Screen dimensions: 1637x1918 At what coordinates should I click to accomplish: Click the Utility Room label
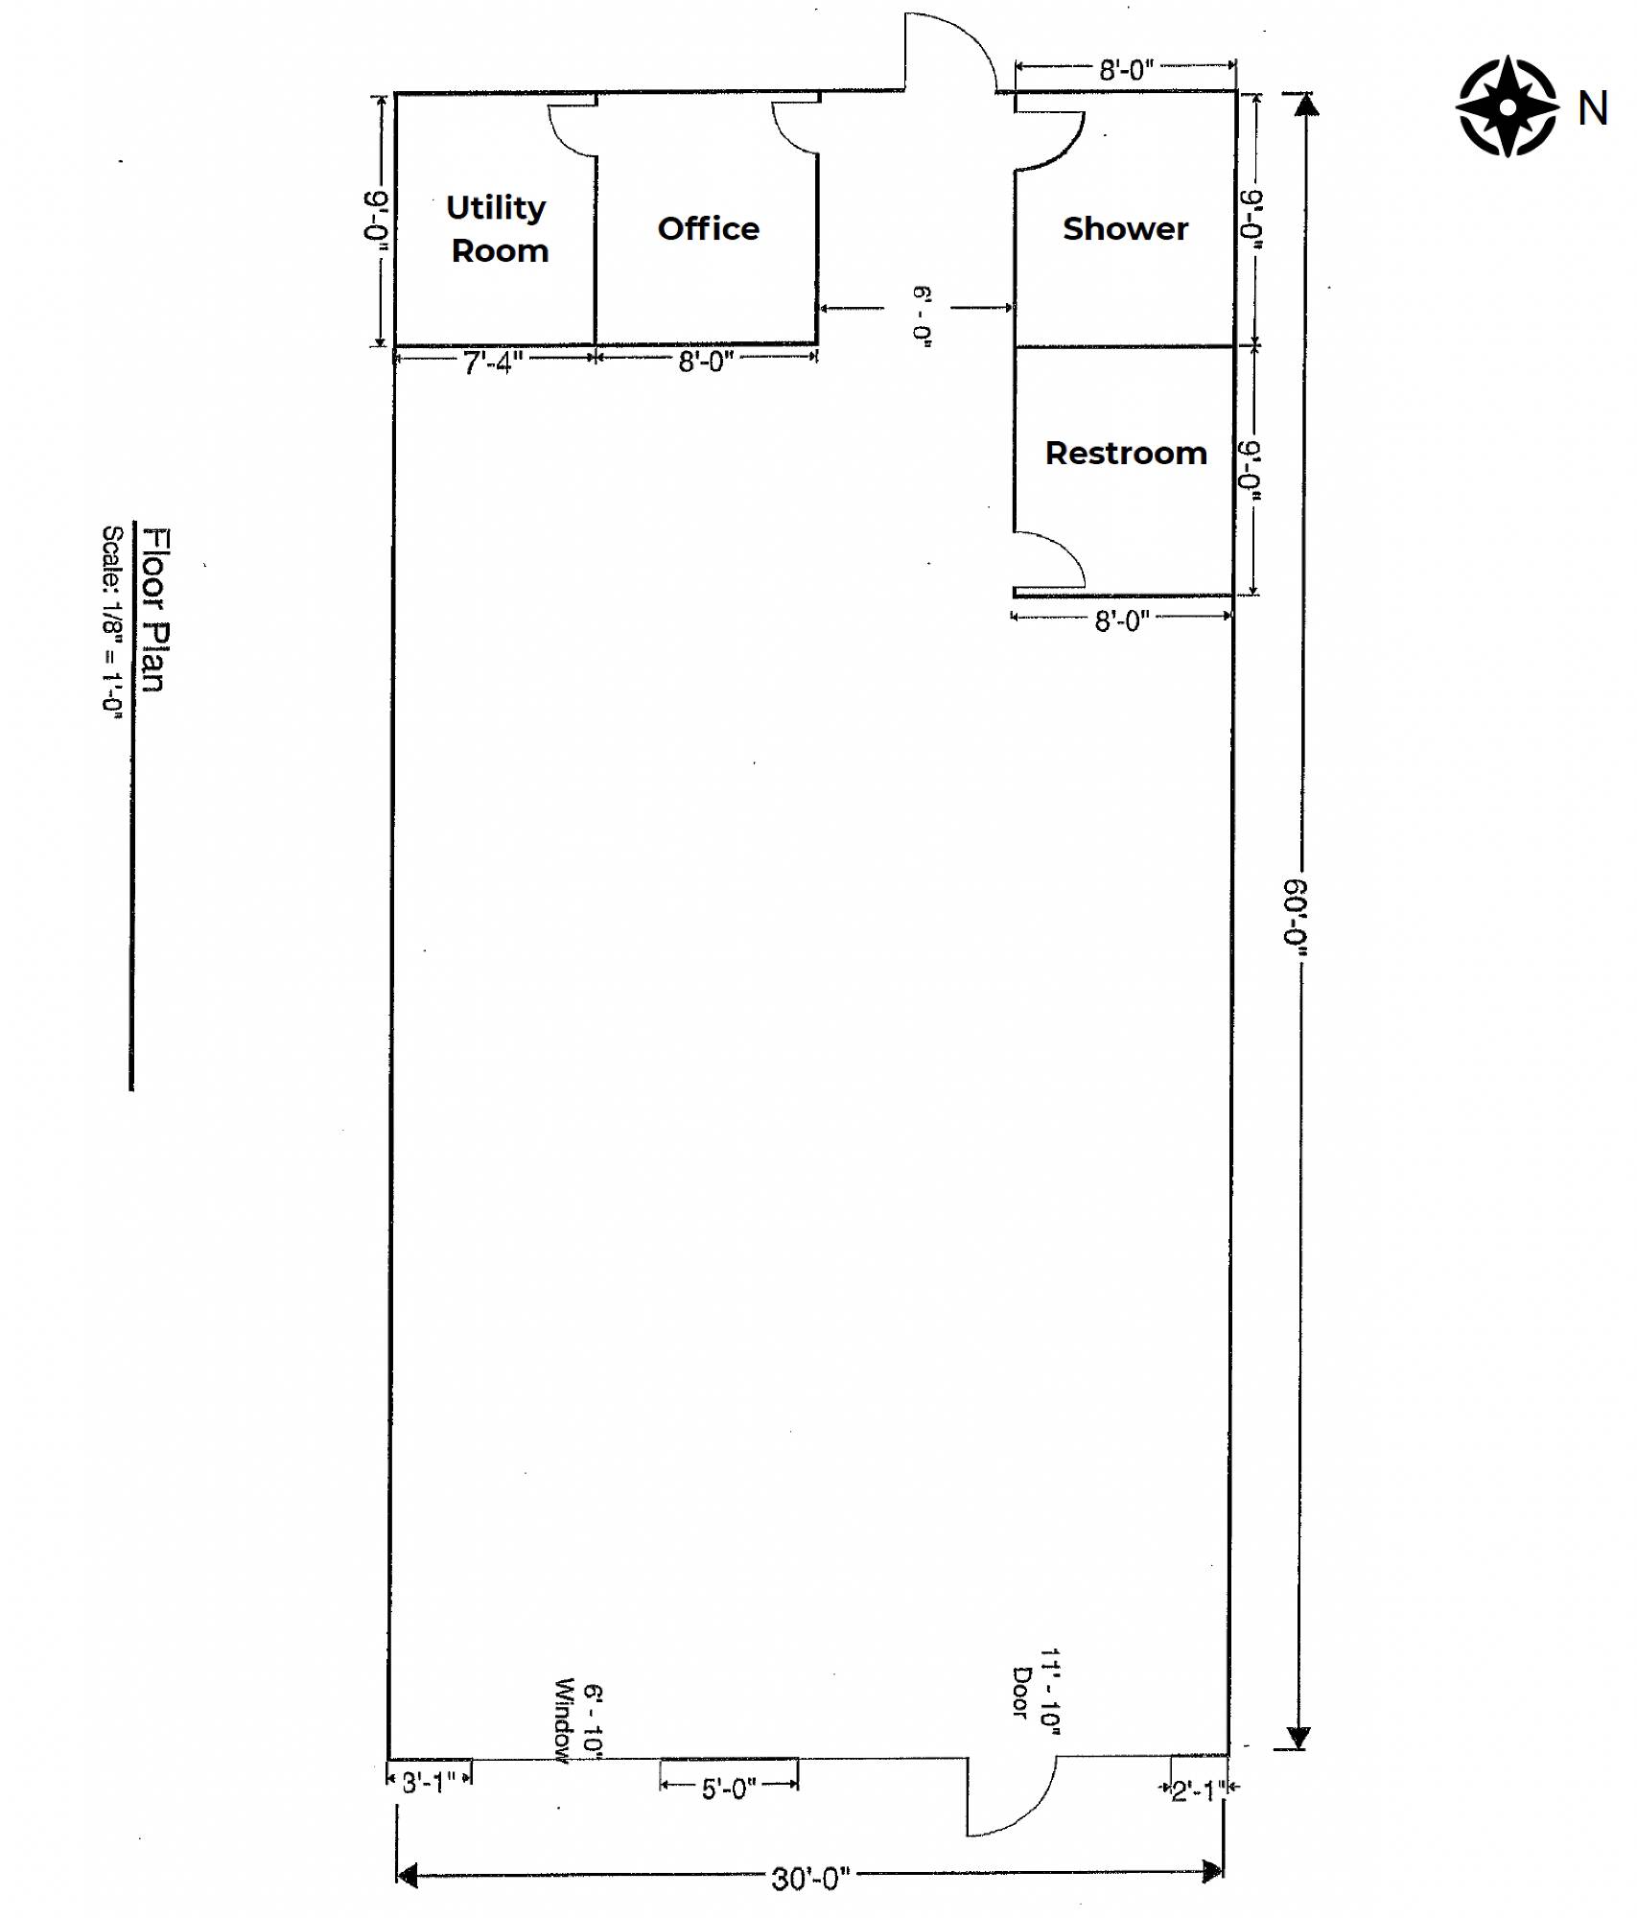(x=498, y=228)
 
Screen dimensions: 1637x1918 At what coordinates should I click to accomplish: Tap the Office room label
(x=709, y=228)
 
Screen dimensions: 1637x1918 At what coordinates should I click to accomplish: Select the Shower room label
(x=1125, y=228)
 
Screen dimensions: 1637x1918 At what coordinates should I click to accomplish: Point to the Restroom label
(x=1126, y=453)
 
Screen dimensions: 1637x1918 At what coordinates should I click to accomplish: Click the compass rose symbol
(x=1508, y=106)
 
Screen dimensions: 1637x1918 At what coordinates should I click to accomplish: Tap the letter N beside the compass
(x=1593, y=108)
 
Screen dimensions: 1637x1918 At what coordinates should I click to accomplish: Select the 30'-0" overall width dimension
(x=810, y=1879)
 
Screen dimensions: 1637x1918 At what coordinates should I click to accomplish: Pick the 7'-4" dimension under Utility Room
(x=493, y=363)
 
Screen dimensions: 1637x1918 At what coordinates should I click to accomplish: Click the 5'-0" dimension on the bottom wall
(x=729, y=1789)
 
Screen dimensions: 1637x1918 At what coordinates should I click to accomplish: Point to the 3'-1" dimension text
(x=429, y=1783)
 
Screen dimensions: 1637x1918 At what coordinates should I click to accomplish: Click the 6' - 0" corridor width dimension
(x=923, y=316)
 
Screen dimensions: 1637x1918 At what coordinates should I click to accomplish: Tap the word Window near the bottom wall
(x=563, y=1720)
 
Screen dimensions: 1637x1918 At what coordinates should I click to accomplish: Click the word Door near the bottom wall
(x=1022, y=1693)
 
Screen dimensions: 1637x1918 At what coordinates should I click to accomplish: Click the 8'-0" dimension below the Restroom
(x=1122, y=621)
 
